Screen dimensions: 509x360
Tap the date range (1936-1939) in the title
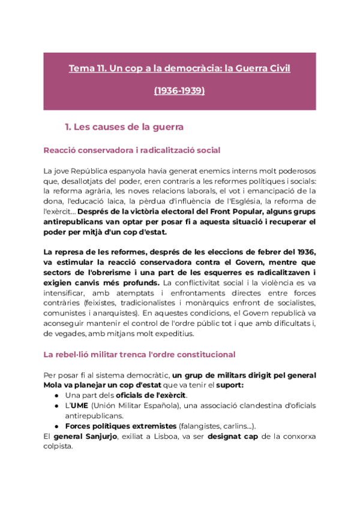(179, 91)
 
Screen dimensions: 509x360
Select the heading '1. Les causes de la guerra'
(124, 127)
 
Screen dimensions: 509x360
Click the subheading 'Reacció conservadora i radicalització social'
(132, 150)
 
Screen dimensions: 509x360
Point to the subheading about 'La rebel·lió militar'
(139, 355)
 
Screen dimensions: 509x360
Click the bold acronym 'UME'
(80, 405)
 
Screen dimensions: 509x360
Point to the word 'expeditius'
(171, 334)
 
